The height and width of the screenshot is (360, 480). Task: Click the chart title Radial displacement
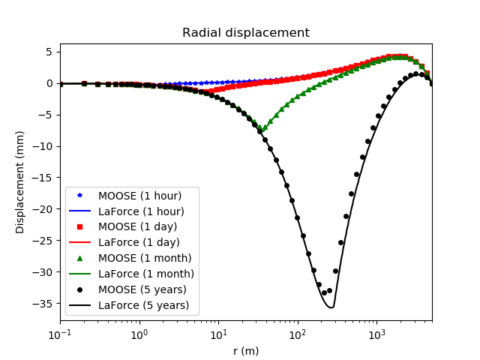(x=246, y=33)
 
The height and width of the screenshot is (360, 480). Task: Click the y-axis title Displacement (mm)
(x=20, y=182)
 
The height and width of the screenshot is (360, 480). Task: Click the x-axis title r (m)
(x=246, y=350)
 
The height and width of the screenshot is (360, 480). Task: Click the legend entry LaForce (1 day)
(x=139, y=242)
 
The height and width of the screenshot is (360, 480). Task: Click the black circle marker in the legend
(x=80, y=289)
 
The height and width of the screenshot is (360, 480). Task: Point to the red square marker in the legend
(x=80, y=227)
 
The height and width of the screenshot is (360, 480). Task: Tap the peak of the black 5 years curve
(x=417, y=73)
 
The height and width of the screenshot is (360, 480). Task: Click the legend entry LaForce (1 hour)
(x=141, y=211)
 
